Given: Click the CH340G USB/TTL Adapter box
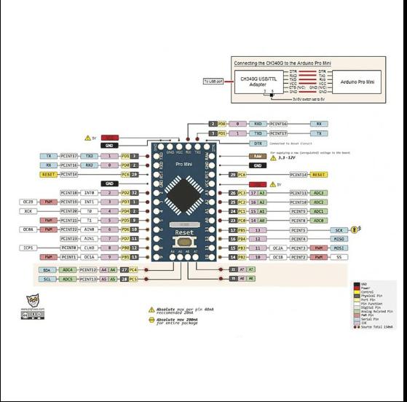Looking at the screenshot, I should click(x=258, y=82).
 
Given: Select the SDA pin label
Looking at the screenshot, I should click(x=47, y=269).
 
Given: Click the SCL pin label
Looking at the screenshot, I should click(x=47, y=279).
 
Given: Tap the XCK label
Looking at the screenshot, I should click(x=28, y=210).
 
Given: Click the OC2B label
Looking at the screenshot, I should click(x=28, y=201).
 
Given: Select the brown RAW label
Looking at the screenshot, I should click(x=257, y=156).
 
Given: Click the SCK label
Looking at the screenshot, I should click(x=339, y=229).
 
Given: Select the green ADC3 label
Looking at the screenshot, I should click(x=318, y=192).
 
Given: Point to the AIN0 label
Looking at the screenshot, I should click(x=90, y=229).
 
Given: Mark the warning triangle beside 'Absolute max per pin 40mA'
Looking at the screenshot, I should click(x=151, y=310).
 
